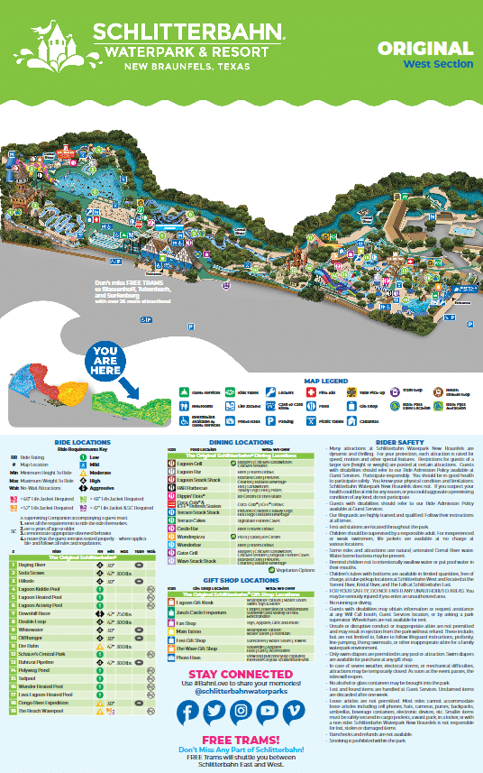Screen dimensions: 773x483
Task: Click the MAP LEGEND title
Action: [x=325, y=381]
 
